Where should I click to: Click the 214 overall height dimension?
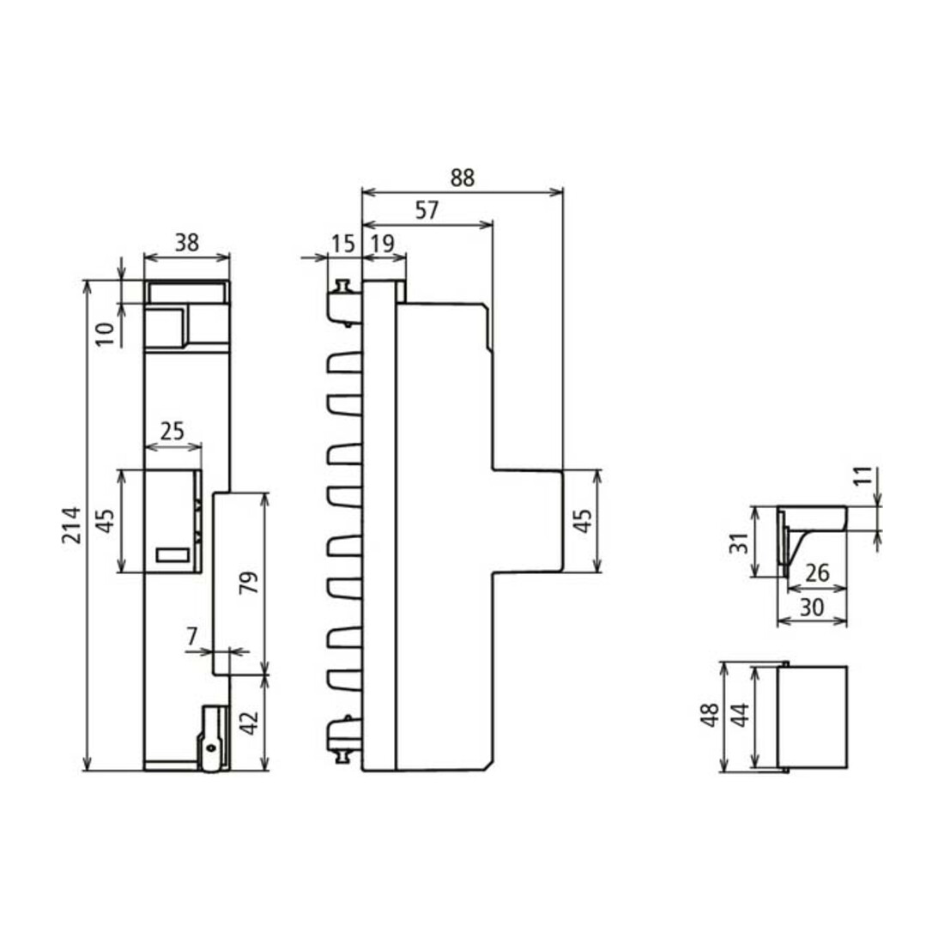pyautogui.click(x=71, y=525)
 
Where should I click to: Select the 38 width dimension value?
pyautogui.click(x=186, y=243)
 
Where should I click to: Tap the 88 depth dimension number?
pyautogui.click(x=463, y=178)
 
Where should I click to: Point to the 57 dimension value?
pyautogui.click(x=427, y=211)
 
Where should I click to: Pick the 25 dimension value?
pyautogui.click(x=172, y=431)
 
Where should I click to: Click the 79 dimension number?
pyautogui.click(x=249, y=582)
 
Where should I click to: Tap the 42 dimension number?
pyautogui.click(x=249, y=723)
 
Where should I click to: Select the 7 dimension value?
pyautogui.click(x=192, y=636)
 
